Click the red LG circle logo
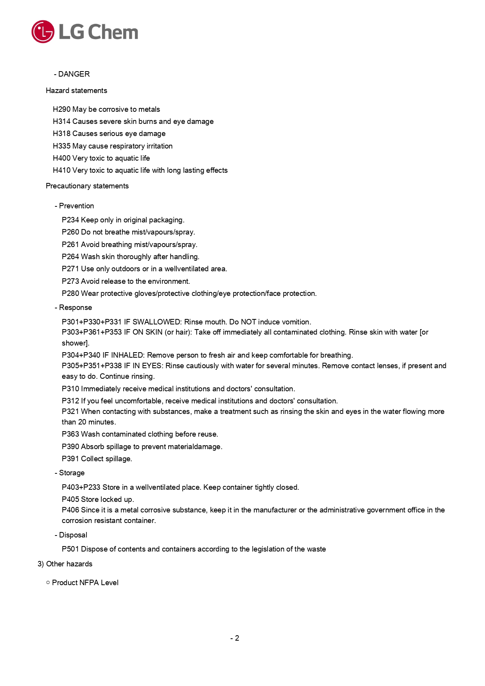tap(43, 32)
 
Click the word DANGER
tap(74, 74)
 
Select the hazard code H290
tap(61, 109)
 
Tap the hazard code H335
tap(61, 146)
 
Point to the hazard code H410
tap(61, 170)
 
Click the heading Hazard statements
tap(76, 91)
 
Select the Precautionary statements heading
tap(87, 186)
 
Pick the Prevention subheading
tap(76, 206)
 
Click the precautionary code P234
tap(70, 220)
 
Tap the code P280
tap(70, 294)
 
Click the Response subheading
tap(75, 308)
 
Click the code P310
tap(70, 389)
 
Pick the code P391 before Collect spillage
tap(70, 459)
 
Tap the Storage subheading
tap(72, 473)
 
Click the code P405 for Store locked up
tap(70, 500)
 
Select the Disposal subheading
tap(73, 535)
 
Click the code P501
tap(70, 549)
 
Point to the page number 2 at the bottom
tap(237, 638)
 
